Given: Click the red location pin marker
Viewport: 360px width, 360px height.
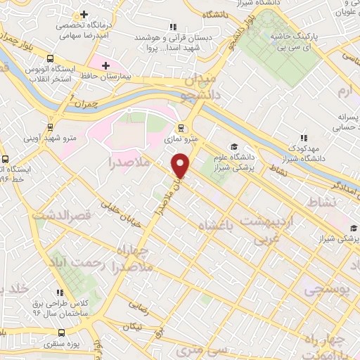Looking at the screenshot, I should tap(181, 165).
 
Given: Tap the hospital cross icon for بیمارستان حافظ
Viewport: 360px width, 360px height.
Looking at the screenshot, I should tap(105, 65).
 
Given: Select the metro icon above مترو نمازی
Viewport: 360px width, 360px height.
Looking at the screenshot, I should tap(181, 128).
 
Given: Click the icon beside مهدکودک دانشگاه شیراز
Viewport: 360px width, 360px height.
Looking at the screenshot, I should tap(304, 138).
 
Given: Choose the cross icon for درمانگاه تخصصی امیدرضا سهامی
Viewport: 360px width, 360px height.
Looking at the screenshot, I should tap(84, 14).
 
